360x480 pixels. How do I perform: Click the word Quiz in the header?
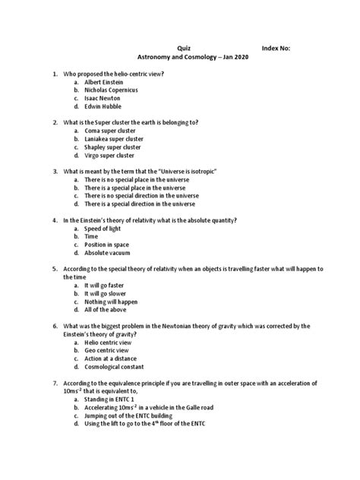[184, 47]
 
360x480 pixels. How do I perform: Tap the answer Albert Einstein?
[106, 81]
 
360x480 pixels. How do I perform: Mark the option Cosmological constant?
[118, 370]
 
